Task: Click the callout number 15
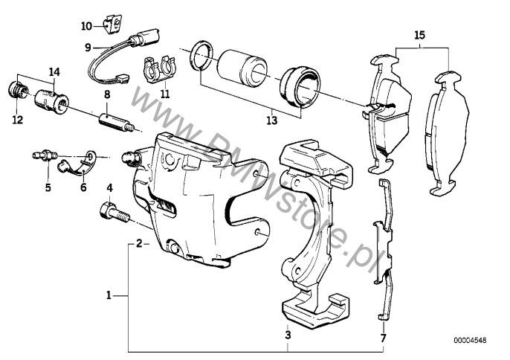pyautogui.click(x=420, y=35)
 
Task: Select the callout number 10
pyautogui.click(x=87, y=26)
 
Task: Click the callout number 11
pyautogui.click(x=164, y=94)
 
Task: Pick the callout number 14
pyautogui.click(x=54, y=71)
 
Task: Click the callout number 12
pyautogui.click(x=17, y=119)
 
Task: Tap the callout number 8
pyautogui.click(x=107, y=94)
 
